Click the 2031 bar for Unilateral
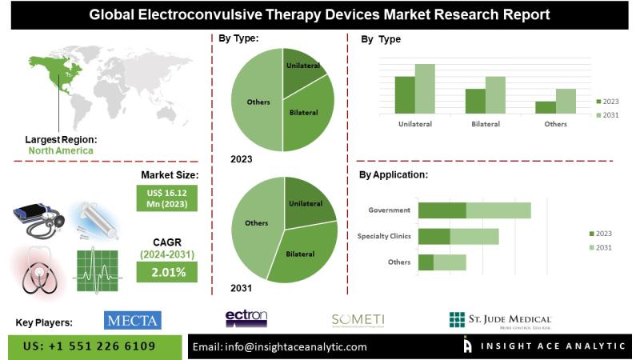point(425,89)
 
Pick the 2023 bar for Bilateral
point(475,101)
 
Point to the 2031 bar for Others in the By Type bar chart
point(566,101)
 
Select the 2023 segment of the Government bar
point(442,210)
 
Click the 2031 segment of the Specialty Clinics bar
point(474,236)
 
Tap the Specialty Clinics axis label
point(384,236)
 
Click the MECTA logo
point(133,321)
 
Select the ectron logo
point(246,319)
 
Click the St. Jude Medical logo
point(499,321)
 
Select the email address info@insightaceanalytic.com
point(280,346)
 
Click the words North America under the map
point(60,150)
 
